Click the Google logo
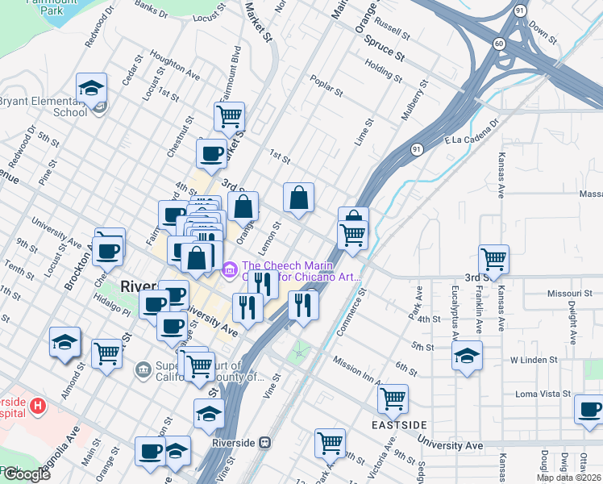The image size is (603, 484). click(26, 474)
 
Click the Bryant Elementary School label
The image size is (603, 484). click(44, 106)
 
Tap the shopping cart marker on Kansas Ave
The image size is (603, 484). click(493, 260)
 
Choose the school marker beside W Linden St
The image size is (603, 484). click(467, 356)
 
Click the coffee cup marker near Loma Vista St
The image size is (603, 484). click(588, 409)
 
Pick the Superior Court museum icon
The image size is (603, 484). click(144, 369)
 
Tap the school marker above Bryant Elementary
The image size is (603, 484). click(92, 88)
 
